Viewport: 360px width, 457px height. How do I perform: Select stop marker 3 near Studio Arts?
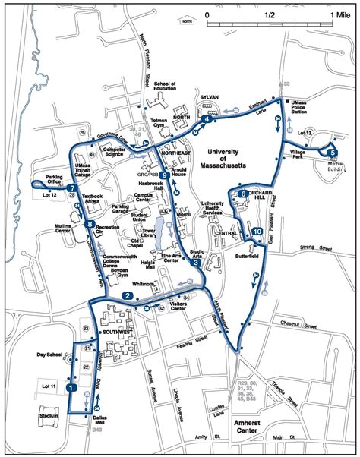pos(196,263)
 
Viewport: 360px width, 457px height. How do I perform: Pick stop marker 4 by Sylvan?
pos(206,119)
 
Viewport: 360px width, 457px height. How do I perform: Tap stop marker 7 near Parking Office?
pos(71,188)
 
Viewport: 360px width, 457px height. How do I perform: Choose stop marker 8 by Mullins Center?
pos(90,224)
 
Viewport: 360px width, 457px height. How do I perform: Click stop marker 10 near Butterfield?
pos(257,231)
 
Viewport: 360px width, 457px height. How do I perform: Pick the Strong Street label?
pos(316,247)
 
